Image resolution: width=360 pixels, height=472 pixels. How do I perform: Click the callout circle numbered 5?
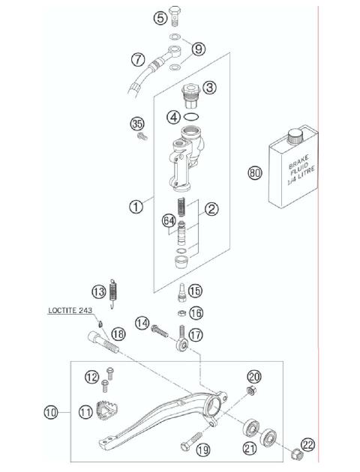point(160,18)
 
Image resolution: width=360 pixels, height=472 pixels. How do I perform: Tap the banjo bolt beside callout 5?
point(176,15)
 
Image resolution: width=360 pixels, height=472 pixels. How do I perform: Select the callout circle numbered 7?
point(138,58)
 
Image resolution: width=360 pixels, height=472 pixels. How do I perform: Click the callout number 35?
point(136,123)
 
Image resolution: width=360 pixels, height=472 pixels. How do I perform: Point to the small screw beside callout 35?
point(140,137)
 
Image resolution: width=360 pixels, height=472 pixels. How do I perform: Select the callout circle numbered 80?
point(255,174)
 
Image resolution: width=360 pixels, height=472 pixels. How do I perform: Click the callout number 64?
point(169,220)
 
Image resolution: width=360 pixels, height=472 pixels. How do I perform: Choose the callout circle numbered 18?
point(117,333)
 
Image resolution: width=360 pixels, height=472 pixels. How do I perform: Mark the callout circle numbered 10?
point(51,411)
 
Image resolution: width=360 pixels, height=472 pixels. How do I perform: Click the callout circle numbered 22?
point(308,445)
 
